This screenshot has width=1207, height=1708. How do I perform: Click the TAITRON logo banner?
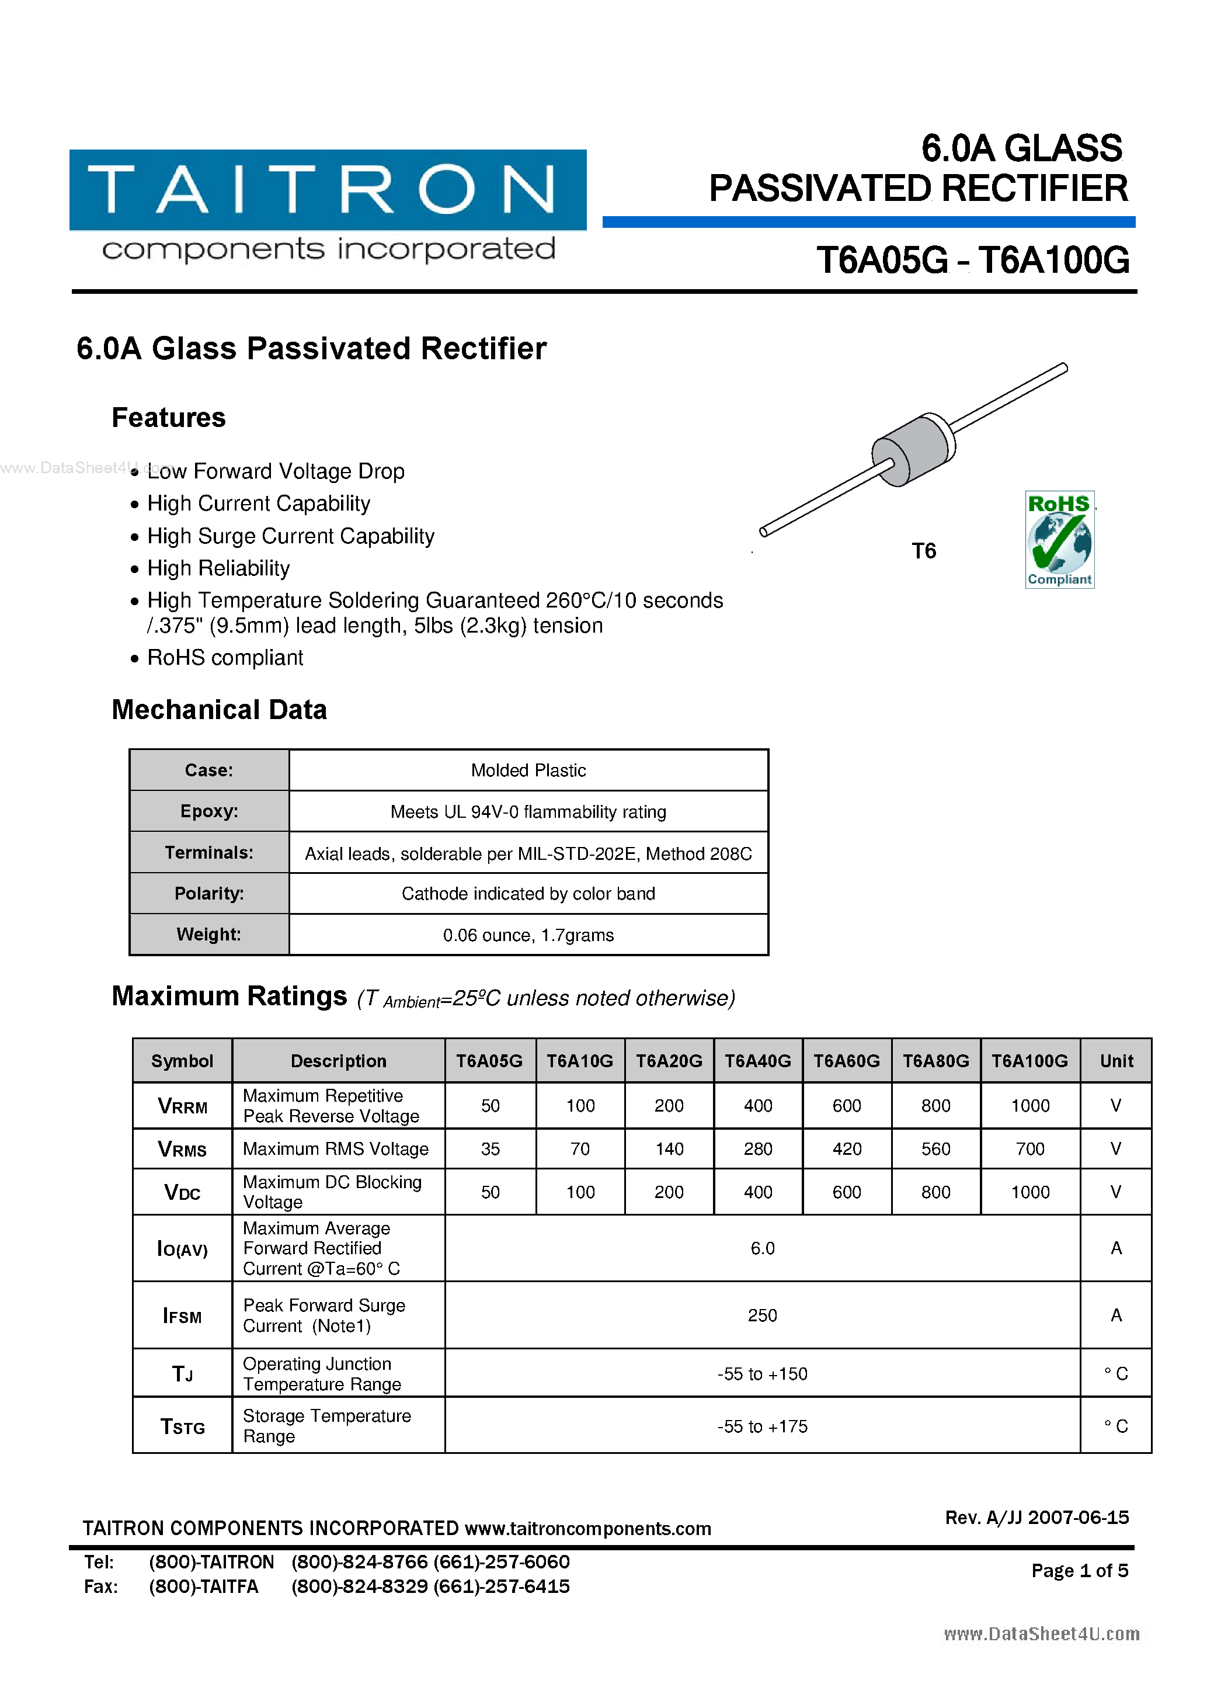click(327, 190)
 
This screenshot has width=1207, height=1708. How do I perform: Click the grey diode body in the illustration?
click(913, 449)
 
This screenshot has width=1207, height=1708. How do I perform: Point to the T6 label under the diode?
click(924, 551)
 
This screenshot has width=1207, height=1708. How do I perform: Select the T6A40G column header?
click(758, 1061)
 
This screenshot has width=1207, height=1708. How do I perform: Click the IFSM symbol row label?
click(182, 1316)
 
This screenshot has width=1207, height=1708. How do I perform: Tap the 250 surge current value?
click(762, 1315)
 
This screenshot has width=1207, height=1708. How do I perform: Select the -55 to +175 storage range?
click(762, 1426)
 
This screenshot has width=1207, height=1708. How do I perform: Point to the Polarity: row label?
click(209, 893)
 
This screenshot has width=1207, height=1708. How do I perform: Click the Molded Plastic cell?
click(528, 770)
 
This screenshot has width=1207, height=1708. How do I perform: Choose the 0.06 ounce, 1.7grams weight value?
click(528, 935)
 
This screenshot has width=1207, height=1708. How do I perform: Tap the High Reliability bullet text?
click(218, 568)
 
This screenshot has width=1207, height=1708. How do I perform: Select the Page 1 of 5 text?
click(1079, 1570)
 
